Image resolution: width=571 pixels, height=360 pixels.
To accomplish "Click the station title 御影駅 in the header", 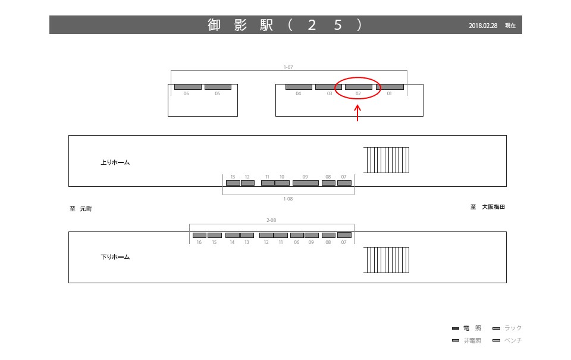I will coord(240,25).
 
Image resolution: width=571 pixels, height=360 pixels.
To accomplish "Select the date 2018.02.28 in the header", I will coord(483,26).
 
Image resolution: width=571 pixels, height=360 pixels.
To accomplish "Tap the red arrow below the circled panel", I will coord(357,113).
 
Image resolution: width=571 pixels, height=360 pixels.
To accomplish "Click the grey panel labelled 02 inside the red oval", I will coord(359,87).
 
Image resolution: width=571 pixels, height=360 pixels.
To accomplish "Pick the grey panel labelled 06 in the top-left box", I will coord(187,87).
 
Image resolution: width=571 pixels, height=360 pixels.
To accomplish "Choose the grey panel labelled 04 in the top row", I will coord(299,87).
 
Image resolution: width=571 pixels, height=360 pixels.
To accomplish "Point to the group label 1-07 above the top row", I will coord(288,67).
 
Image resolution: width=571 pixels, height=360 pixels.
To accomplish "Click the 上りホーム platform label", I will coord(115,162).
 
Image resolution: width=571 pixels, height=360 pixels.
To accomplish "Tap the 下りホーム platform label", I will coord(115,257).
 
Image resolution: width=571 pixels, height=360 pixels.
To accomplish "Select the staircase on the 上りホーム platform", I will coord(386,160).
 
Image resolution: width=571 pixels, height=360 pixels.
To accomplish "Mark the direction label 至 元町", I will coord(81,209).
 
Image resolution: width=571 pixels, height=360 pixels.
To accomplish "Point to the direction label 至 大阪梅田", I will coord(488,207).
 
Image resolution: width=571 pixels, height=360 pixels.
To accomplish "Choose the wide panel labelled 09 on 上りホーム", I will coord(306,183).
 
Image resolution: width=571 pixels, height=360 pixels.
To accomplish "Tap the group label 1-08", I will coord(288,199).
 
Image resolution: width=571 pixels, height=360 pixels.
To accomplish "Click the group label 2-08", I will coord(271,220).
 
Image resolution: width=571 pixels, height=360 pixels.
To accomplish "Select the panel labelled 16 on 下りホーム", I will coord(199,235).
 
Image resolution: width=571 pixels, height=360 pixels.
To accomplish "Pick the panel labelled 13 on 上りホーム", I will coord(233,183).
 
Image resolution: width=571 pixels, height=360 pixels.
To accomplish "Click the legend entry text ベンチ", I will coord(513,340).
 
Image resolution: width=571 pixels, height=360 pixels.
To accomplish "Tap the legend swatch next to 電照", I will coord(456,328).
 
